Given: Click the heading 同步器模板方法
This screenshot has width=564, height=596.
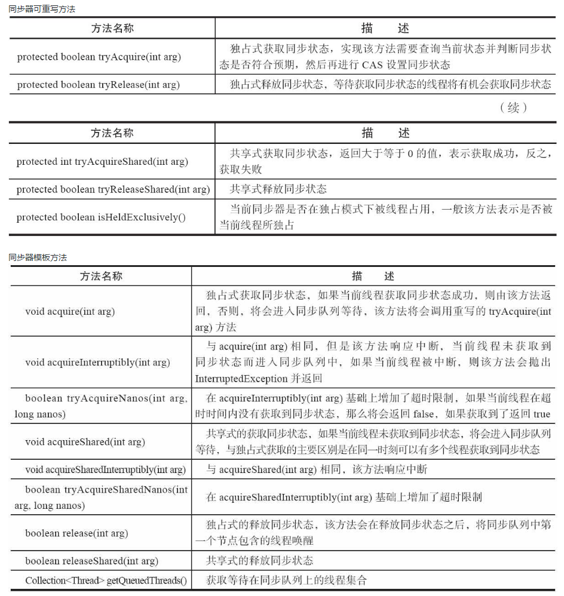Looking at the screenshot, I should coord(38,257).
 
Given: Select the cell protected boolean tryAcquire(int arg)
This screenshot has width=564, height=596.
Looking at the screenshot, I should coord(99,57).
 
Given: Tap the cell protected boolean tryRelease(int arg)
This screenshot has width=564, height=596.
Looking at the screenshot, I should coord(99,85).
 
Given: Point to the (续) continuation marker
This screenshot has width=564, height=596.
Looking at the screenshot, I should coord(513,108).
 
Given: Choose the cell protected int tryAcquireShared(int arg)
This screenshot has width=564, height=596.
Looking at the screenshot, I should coord(102,162).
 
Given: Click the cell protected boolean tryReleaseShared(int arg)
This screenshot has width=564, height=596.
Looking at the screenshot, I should coord(113,189).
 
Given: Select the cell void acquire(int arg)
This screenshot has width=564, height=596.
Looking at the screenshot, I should coord(70,311).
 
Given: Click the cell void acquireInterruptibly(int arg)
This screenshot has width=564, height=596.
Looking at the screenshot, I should coord(97,362).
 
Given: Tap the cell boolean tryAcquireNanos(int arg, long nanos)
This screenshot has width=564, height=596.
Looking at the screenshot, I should coord(101,406).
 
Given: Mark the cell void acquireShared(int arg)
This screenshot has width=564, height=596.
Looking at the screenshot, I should coord(85,442).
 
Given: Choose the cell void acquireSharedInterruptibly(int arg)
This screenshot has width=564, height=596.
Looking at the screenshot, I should coord(105,469).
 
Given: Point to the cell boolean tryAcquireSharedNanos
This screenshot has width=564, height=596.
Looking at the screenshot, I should coord(101,497).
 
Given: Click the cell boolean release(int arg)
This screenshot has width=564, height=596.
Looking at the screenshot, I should coord(76,533).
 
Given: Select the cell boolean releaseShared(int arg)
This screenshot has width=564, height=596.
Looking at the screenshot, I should coord(91,561).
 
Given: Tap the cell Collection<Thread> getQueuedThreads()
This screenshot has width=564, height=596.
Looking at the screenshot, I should coord(106,580).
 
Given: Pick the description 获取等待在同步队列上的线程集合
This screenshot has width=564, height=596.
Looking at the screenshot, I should coord(286,580).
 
